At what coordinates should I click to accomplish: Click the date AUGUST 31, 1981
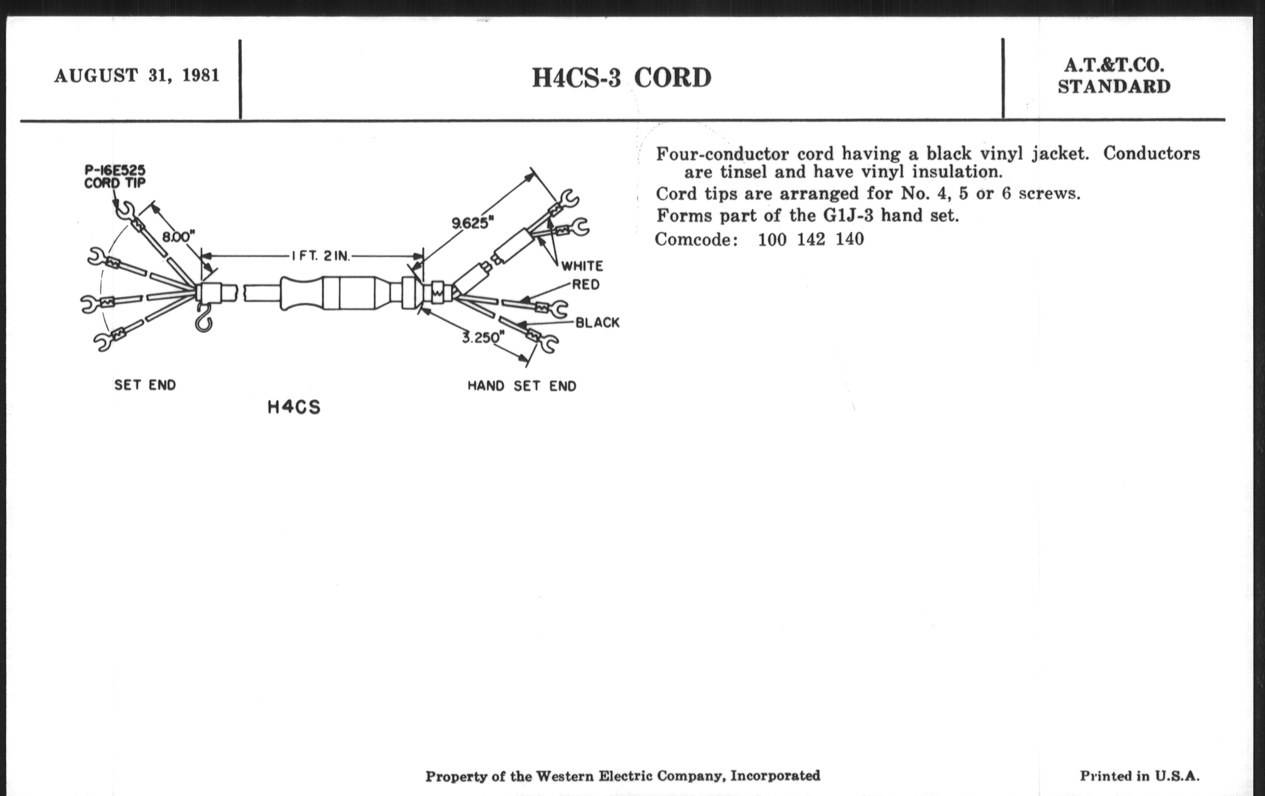137,75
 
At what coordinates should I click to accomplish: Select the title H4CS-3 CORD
622,78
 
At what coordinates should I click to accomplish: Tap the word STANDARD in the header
1114,87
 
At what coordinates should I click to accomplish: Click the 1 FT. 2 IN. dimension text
320,256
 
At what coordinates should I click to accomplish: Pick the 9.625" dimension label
473,223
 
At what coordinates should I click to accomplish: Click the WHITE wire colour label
582,266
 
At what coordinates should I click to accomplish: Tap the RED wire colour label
586,285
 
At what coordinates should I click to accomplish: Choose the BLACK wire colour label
597,323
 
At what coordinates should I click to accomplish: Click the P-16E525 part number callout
115,170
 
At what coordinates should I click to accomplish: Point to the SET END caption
145,385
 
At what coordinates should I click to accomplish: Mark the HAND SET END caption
522,386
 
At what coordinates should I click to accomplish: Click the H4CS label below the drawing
294,408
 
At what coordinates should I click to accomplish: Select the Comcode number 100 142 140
810,240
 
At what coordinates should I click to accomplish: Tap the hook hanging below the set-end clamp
203,317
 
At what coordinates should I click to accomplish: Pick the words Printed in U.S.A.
1140,776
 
